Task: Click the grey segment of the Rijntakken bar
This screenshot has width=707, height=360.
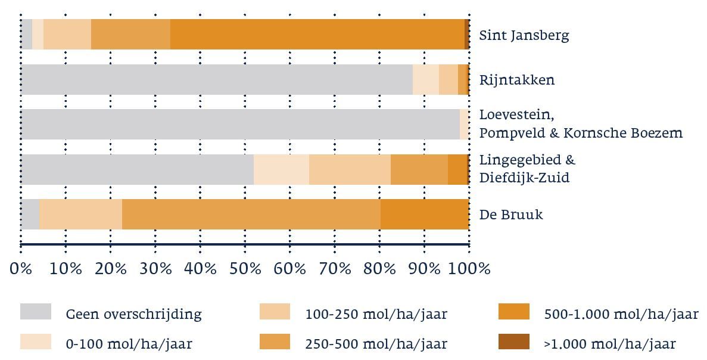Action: [216, 80]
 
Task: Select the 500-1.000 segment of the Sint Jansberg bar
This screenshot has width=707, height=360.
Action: [317, 35]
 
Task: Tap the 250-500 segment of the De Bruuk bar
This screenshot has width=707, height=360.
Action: [251, 214]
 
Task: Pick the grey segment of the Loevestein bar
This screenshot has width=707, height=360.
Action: [240, 125]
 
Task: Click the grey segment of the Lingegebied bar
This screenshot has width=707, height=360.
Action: [137, 169]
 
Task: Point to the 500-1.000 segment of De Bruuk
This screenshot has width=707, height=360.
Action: [424, 214]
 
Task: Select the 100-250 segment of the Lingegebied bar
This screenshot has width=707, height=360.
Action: [350, 169]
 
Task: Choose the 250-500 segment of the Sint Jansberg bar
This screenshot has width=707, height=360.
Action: [130, 35]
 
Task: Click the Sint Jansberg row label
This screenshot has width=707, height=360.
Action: [524, 35]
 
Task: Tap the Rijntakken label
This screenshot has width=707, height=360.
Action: [516, 80]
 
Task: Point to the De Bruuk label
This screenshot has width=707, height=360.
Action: [510, 214]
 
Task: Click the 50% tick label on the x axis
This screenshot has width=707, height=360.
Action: [245, 269]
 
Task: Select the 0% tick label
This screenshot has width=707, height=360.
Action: [21, 269]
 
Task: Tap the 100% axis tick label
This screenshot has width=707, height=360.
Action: [469, 269]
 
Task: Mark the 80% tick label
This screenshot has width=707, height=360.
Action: [380, 269]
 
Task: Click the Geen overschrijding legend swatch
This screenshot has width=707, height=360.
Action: [35, 312]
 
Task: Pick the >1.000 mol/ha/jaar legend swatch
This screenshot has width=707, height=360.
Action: [513, 342]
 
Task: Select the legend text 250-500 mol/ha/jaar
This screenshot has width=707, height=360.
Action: [376, 344]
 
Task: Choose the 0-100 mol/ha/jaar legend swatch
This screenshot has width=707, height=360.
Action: [35, 342]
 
